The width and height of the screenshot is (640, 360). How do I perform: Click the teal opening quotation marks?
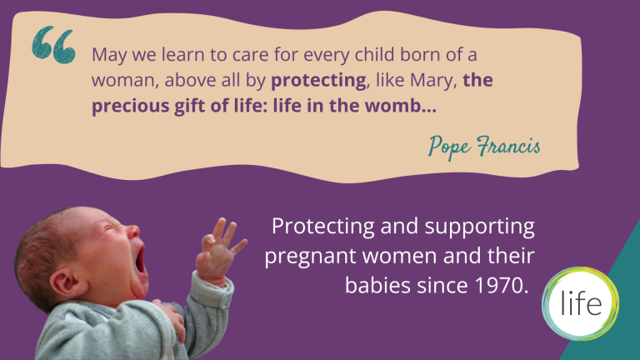point(53,45)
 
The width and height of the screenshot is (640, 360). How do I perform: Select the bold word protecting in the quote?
point(318,81)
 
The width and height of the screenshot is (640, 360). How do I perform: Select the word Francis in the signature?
point(508,146)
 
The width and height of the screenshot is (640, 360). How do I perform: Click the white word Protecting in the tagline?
point(322,227)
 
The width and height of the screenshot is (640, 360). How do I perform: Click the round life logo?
point(580,303)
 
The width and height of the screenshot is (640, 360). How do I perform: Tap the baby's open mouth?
point(140,260)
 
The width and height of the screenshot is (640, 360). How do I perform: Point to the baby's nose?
point(132,232)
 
